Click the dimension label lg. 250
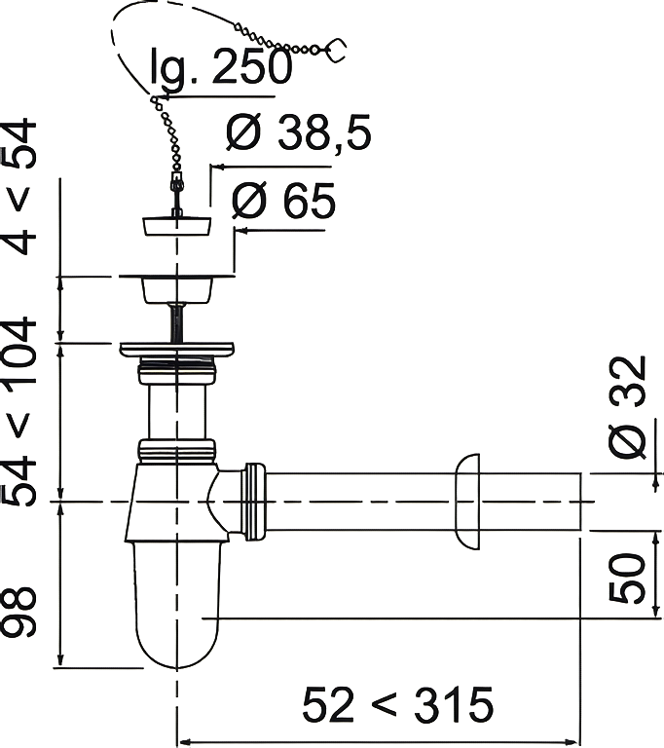point(220,67)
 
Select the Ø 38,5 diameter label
point(298,132)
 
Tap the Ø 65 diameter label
point(283,201)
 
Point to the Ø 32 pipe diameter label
point(628,407)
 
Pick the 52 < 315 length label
point(397,704)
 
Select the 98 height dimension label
point(18,612)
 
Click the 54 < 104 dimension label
point(18,411)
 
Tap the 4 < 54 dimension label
point(19,186)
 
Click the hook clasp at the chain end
point(335,50)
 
